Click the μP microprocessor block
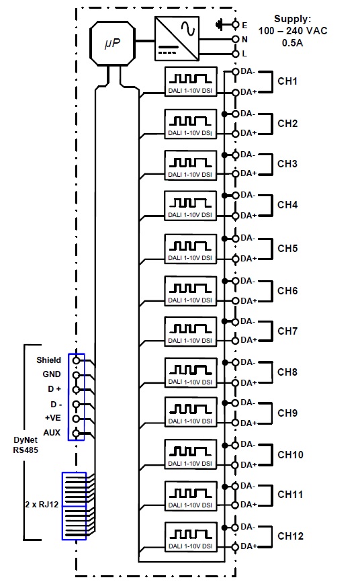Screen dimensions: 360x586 (112, 44)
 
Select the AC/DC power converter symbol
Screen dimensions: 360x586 (177, 38)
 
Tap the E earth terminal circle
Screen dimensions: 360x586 (235, 25)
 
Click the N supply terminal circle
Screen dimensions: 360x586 (235, 39)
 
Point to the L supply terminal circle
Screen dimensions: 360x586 (235, 54)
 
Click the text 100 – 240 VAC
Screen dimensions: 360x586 (292, 31)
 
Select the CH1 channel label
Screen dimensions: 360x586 (287, 81)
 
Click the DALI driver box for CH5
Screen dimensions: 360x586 (191, 249)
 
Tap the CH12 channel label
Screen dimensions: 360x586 (290, 536)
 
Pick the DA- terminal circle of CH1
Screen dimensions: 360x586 (235, 71)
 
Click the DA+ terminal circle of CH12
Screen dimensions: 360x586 (235, 547)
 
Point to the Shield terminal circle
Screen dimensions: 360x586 (76, 360)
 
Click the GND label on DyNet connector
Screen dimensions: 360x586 (52, 374)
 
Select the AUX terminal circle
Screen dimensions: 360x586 (76, 433)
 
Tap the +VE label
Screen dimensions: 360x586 (52, 418)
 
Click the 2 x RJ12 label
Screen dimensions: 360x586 (42, 505)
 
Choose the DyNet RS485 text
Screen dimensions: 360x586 (26, 445)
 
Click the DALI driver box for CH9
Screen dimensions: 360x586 (191, 412)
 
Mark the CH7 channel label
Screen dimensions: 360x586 (287, 331)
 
